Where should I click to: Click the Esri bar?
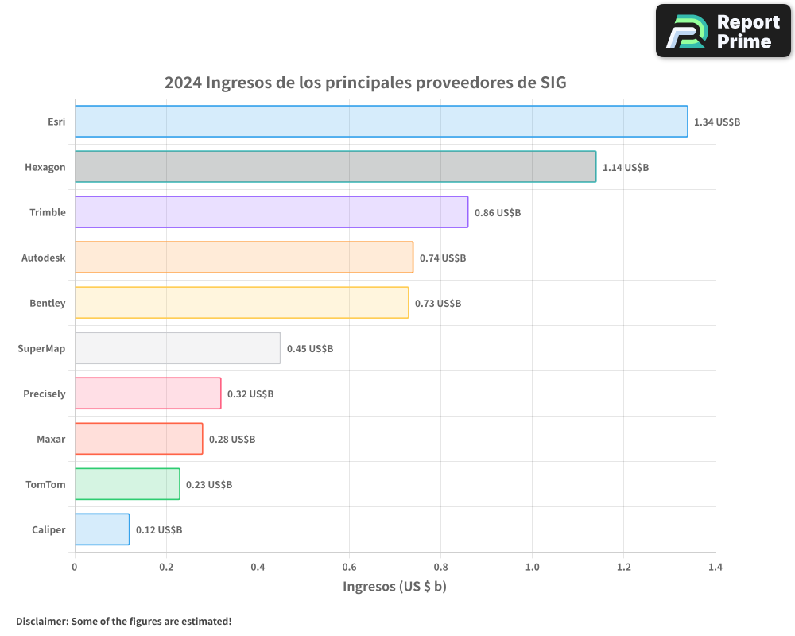tap(381, 122)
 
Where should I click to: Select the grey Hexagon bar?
tap(335, 167)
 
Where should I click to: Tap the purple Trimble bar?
tap(271, 212)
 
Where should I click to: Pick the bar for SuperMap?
tap(177, 348)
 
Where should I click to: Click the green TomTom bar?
tap(127, 484)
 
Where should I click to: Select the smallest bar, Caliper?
tap(102, 529)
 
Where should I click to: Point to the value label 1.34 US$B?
tap(717, 122)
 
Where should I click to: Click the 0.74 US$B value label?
tap(443, 258)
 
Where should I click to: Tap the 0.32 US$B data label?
tap(250, 394)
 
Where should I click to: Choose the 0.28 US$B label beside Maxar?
tap(232, 440)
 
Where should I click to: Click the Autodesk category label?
tap(44, 258)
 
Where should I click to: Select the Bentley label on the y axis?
tap(48, 303)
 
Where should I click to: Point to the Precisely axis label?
tap(45, 394)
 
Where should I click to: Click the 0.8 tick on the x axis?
tap(440, 568)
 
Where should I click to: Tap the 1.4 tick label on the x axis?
tap(715, 568)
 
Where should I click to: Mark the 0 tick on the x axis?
tap(75, 568)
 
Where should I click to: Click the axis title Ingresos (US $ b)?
tap(394, 587)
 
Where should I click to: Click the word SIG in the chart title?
tap(553, 83)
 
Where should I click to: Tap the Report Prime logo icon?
tap(685, 32)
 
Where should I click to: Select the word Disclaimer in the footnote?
tap(41, 621)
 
